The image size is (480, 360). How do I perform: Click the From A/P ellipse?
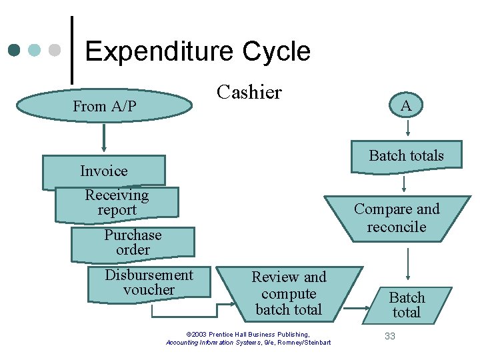pos(104,107)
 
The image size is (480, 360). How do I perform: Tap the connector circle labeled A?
pos(405,105)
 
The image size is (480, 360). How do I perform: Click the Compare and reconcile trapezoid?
pos(397,218)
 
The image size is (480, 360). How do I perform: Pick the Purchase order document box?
pos(133,243)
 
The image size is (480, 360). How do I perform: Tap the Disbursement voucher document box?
pos(149,283)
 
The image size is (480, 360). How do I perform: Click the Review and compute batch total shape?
pos(289,293)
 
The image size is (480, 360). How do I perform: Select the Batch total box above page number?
pos(407,305)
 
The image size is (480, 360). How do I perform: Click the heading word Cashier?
pos(250,92)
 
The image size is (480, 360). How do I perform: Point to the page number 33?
pos(390,336)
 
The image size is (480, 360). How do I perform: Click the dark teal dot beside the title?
pos(15,51)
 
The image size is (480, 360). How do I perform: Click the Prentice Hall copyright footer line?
pos(248,335)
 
